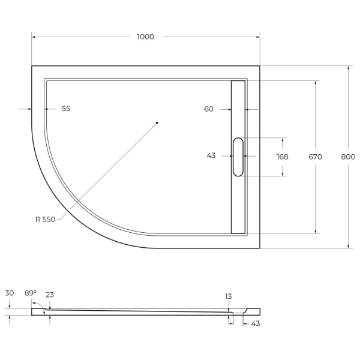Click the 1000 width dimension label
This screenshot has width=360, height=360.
tap(145, 37)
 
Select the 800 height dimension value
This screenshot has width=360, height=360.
tap(348, 157)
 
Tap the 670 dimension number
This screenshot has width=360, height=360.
tap(316, 157)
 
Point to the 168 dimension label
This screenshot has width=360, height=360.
tap(282, 157)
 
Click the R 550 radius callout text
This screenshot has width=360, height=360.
tap(45, 220)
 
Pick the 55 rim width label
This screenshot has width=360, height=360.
tap(66, 109)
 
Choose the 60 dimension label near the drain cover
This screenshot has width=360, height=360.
tap(209, 109)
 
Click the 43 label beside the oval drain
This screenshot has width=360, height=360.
tap(211, 155)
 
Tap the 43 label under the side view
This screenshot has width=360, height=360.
tap(255, 324)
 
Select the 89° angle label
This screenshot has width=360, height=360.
tap(30, 293)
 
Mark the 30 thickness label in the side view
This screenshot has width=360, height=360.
tap(9, 293)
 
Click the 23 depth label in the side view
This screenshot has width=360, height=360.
tap(50, 294)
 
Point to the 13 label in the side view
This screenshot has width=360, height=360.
tap(229, 296)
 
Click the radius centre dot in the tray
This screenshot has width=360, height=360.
tap(157, 123)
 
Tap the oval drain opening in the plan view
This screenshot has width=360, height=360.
tap(238, 157)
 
